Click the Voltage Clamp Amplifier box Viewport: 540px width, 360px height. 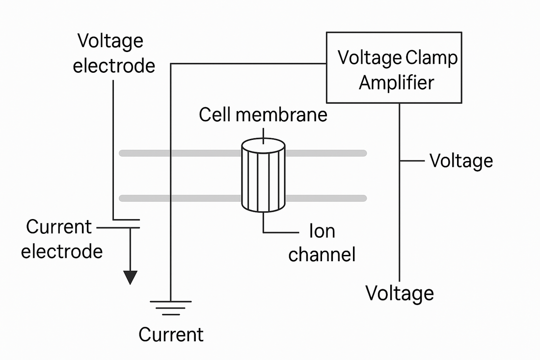point(394,67)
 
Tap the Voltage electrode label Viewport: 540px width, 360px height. point(114,53)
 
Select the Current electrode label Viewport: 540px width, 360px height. point(61,239)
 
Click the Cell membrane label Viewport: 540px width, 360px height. point(263,114)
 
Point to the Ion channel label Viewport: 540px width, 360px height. point(322,243)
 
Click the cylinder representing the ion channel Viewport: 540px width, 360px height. point(264,179)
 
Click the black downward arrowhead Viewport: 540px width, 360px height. point(130,277)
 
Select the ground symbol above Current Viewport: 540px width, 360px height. point(170,306)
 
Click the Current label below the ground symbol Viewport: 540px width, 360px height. point(170,334)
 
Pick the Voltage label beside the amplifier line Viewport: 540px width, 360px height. point(461,161)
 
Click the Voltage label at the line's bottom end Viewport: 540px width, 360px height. point(400,293)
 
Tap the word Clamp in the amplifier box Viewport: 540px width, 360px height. point(432,58)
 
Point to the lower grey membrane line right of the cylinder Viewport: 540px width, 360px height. point(326,198)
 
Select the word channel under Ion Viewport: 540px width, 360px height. point(322,255)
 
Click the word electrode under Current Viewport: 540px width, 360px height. point(62,251)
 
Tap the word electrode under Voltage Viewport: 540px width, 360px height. point(114,65)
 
